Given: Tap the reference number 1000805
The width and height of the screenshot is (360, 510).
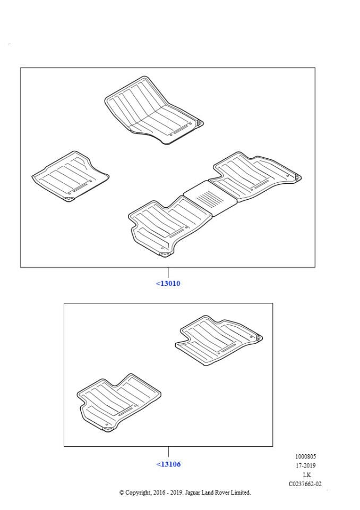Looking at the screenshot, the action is click(x=305, y=457).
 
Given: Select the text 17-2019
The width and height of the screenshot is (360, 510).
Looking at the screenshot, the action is click(x=305, y=465).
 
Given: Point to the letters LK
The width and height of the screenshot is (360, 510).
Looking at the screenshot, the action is click(x=307, y=475).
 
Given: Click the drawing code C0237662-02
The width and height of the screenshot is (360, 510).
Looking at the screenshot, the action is click(x=305, y=484).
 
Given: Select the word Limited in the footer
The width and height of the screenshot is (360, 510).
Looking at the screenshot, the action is click(x=241, y=493).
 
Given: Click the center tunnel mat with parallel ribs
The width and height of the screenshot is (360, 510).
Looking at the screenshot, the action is click(x=210, y=198).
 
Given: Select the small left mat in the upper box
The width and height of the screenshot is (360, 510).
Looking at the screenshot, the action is click(x=70, y=176).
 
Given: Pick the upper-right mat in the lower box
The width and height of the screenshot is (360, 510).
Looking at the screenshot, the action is click(x=219, y=340).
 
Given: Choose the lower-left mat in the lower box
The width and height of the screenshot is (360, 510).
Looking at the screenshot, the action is click(x=119, y=403).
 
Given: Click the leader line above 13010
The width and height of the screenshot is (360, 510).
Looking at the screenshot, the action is click(x=168, y=273).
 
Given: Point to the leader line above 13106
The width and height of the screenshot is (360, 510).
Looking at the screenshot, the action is click(x=168, y=452).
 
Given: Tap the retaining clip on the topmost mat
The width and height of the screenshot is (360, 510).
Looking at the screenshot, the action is click(x=199, y=123).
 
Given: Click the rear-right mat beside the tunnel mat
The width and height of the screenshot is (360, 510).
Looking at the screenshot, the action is click(x=257, y=176).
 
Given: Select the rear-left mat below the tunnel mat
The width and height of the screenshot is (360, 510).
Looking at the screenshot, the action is click(x=169, y=226).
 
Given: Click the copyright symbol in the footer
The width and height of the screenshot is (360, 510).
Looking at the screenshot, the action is click(x=122, y=493).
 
